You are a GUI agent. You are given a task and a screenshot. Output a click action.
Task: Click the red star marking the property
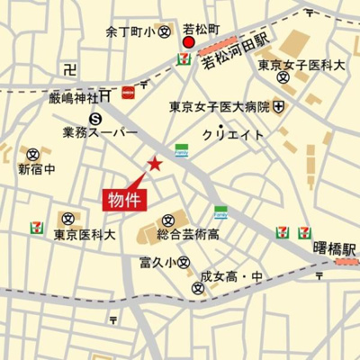pos(155,164)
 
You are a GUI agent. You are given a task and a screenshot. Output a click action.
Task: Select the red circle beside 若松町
pos(189,43)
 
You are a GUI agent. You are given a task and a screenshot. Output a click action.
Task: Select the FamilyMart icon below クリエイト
pos(182,150)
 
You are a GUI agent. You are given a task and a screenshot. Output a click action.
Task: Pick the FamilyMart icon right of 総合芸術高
pos(220,213)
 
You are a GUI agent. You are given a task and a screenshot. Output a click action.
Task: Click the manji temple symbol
pos(72,69)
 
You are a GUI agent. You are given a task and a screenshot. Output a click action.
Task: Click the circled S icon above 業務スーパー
pos(95,118)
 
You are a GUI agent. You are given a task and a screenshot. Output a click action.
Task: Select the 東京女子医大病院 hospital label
pos(220,107)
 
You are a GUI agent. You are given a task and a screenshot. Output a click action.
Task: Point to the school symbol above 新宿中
pos(33,154)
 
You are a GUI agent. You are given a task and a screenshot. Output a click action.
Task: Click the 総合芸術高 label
pos(187,235)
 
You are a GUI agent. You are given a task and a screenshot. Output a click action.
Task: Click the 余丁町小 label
pos(130,31)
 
